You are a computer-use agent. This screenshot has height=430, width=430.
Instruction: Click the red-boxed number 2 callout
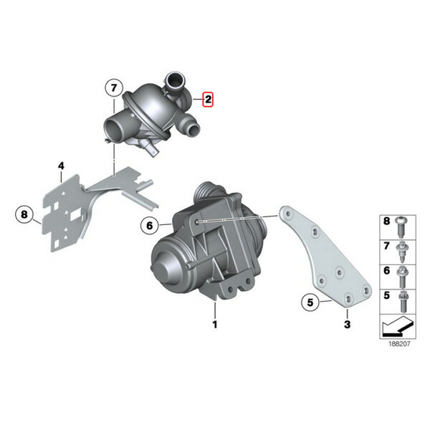(x=208, y=100)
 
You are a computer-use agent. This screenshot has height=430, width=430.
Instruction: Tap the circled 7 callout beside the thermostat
(x=114, y=88)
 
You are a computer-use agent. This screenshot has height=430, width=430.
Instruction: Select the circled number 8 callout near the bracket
(x=24, y=214)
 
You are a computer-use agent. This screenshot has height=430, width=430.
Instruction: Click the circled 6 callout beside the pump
(x=150, y=226)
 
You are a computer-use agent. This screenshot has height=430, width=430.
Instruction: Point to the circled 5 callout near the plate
(x=310, y=302)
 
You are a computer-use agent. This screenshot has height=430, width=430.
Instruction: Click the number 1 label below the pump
(x=215, y=325)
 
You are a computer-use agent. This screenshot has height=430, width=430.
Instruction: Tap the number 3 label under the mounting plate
(x=347, y=325)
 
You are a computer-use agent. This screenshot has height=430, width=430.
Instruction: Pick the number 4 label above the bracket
(x=61, y=166)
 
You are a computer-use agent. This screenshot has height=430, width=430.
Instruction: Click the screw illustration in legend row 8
(x=401, y=227)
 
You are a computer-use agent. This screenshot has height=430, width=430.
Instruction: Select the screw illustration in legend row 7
(x=401, y=252)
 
